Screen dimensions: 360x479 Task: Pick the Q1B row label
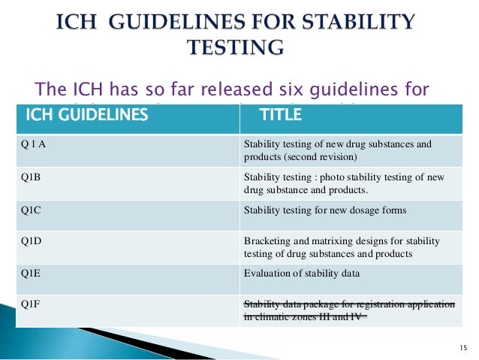[31, 178]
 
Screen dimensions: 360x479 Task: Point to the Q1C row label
[31, 211]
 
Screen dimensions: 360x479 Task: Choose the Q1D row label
[31, 241]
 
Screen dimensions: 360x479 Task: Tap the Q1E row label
[31, 274]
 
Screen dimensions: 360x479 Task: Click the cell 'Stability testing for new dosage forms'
[325, 210]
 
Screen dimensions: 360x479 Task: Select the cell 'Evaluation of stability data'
[302, 274]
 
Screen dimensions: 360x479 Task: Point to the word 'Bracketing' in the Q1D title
[267, 241]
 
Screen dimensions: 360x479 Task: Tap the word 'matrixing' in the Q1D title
[327, 241]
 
